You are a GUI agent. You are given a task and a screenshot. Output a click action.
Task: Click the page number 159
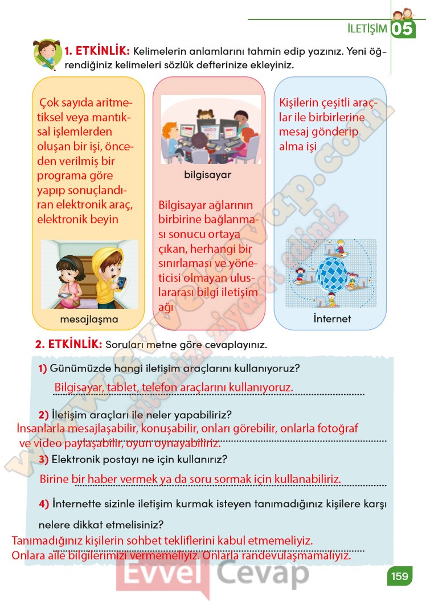pyautogui.click(x=400, y=576)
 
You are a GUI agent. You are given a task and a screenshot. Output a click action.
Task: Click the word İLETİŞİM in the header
pyautogui.click(x=367, y=28)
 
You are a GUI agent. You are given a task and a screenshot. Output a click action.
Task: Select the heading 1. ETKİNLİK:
pyautogui.click(x=97, y=52)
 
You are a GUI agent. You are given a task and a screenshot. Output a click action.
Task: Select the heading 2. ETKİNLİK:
pyautogui.click(x=68, y=345)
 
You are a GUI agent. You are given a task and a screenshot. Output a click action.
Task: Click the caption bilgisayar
pyautogui.click(x=207, y=174)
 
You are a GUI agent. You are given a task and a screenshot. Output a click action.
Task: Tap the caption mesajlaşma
pyautogui.click(x=89, y=319)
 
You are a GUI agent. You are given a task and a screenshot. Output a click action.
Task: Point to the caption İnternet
pyautogui.click(x=332, y=318)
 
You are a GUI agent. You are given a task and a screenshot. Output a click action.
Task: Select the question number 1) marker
pyautogui.click(x=43, y=369)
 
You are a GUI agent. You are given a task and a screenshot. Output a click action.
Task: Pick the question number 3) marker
pyautogui.click(x=43, y=459)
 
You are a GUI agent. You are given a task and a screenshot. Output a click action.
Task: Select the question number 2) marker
pyautogui.click(x=43, y=414)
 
